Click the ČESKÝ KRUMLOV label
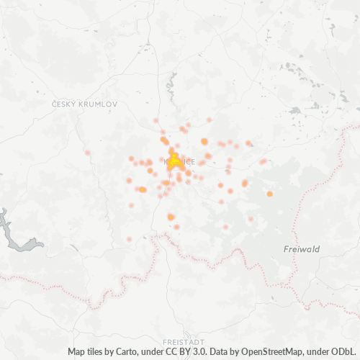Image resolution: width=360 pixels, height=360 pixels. tap(84, 104)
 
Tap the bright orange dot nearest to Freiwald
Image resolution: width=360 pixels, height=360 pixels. tap(269, 194)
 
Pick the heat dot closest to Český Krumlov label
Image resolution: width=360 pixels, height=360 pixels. tap(88, 153)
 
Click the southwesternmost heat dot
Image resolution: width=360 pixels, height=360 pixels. tap(129, 239)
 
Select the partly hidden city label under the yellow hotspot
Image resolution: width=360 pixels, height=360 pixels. tap(184, 161)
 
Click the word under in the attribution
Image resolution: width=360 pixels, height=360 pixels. tap(163, 352)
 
